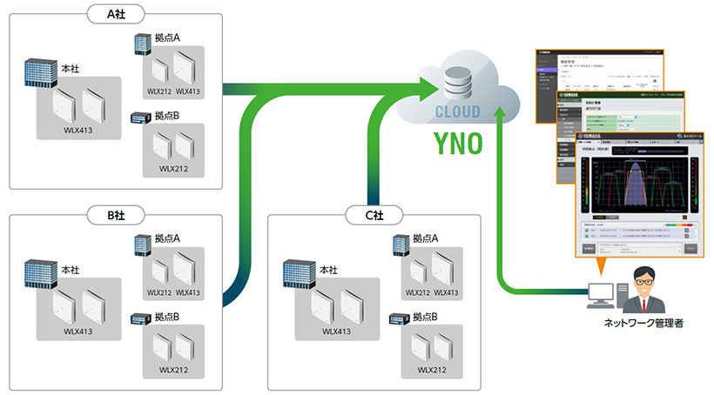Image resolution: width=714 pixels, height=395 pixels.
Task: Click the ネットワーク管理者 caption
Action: click(x=643, y=323)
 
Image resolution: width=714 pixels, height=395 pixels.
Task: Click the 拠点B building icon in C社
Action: click(x=401, y=318)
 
